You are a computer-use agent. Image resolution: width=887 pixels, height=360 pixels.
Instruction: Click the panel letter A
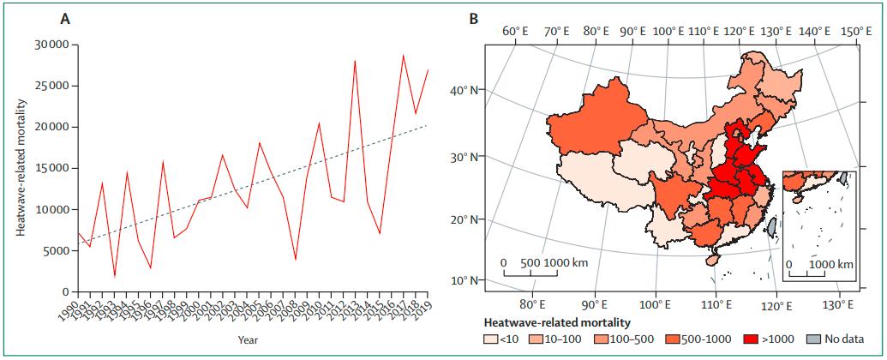65,17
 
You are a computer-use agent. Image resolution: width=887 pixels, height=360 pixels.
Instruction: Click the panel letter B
471,17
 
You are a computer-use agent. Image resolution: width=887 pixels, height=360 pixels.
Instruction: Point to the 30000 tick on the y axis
51,45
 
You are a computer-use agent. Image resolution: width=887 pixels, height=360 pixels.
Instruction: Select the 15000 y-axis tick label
51,168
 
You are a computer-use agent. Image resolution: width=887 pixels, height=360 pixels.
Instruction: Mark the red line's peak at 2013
355,61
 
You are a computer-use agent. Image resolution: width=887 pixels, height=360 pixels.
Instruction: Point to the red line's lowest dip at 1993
115,277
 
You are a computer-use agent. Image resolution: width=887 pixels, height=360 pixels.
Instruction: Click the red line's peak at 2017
403,56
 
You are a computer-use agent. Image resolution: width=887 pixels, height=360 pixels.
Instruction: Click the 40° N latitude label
464,90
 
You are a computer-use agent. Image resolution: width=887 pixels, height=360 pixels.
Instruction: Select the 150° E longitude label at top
855,31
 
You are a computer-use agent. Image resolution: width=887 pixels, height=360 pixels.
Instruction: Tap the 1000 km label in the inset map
831,265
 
